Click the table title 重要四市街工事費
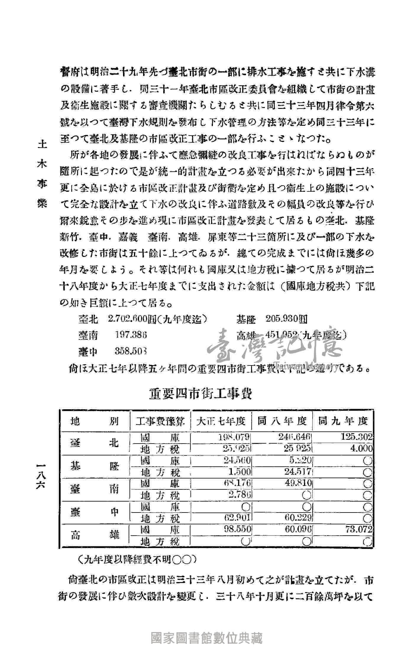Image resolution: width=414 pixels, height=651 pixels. click(200, 394)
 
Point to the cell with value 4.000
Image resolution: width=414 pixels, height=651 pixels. click(361, 449)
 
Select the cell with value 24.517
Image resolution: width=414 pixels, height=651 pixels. click(298, 471)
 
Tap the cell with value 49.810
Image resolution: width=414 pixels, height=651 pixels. click(298, 483)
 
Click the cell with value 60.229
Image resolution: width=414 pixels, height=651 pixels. click(298, 518)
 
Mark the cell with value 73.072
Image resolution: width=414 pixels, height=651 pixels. click(359, 529)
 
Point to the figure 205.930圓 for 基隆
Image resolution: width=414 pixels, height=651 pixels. click(286, 319)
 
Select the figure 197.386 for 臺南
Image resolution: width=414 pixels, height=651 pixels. click(131, 335)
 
